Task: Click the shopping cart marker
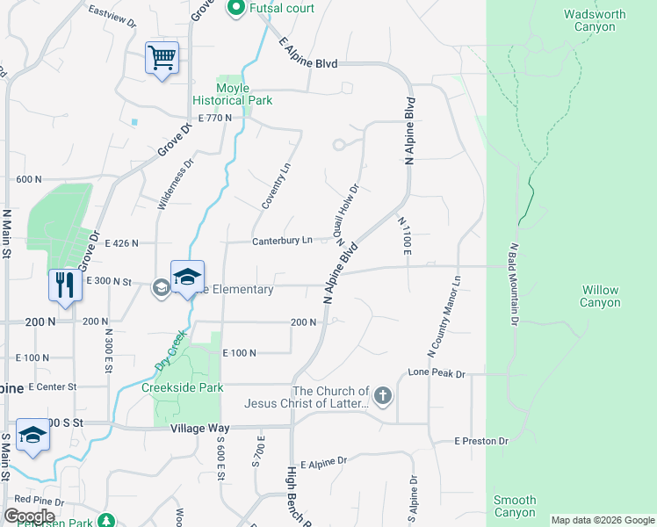(162, 58)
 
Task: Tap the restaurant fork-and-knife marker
(63, 285)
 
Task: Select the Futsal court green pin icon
(235, 9)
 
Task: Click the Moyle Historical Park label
(233, 94)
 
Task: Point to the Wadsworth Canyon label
(595, 20)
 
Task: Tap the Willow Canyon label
(600, 296)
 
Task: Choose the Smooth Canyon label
(515, 506)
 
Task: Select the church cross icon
(382, 396)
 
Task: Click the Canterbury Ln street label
(282, 241)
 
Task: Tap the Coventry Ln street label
(276, 185)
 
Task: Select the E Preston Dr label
(480, 441)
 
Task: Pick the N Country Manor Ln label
(444, 317)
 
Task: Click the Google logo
(29, 516)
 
